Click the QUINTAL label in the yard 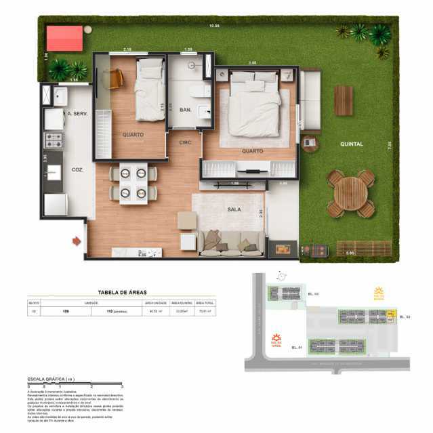point(351,144)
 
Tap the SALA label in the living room point(234,211)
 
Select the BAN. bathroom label point(185,109)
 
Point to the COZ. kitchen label point(77,170)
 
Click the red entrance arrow point(77,239)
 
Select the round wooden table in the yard point(350,193)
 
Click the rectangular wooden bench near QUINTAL point(344,100)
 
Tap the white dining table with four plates point(133,183)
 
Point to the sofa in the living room point(230,242)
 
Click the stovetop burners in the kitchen point(54,140)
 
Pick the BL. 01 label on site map point(296,348)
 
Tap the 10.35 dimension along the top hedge point(215,26)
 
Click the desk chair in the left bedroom point(113,79)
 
